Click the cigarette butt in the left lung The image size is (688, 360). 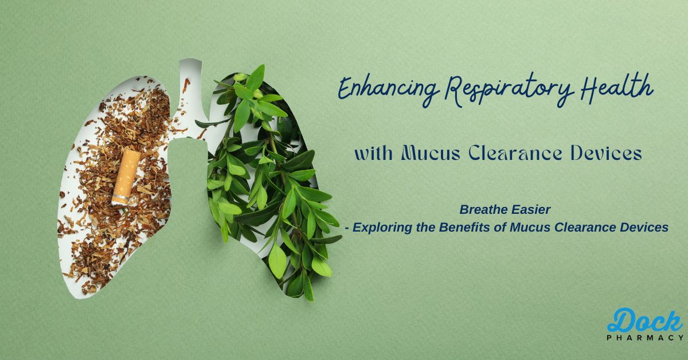[126, 177]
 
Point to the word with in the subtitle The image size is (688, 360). [374, 153]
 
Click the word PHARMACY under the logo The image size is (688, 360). [646, 338]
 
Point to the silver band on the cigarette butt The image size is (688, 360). [120, 197]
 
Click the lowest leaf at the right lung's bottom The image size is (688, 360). [309, 289]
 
